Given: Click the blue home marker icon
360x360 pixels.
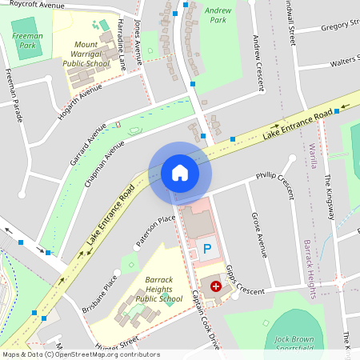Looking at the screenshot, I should (x=180, y=172).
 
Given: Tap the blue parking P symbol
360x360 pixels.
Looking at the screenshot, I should (x=207, y=250).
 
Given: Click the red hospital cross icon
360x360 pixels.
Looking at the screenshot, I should (x=215, y=286).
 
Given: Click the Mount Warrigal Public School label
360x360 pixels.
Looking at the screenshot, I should (x=97, y=54).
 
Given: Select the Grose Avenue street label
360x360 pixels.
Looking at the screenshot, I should (x=258, y=234).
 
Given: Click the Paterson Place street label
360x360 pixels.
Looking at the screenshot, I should (x=154, y=230).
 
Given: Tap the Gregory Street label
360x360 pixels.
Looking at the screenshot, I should (x=338, y=26).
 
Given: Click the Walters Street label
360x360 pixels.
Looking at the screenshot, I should (x=338, y=59).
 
